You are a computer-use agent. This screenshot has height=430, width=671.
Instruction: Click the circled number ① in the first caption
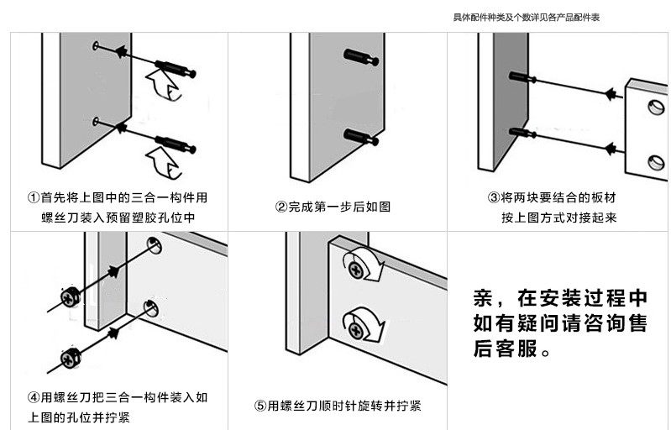point(33,198)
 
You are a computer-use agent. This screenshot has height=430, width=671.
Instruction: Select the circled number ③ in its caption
point(494,198)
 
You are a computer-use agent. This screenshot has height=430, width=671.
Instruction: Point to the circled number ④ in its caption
point(33,397)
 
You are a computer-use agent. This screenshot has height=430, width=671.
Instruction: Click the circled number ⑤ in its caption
point(260,406)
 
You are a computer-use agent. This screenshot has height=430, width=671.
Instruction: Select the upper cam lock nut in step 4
point(69,295)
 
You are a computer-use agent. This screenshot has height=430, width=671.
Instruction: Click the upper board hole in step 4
point(154,245)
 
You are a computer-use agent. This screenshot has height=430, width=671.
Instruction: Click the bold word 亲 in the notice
point(483,299)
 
